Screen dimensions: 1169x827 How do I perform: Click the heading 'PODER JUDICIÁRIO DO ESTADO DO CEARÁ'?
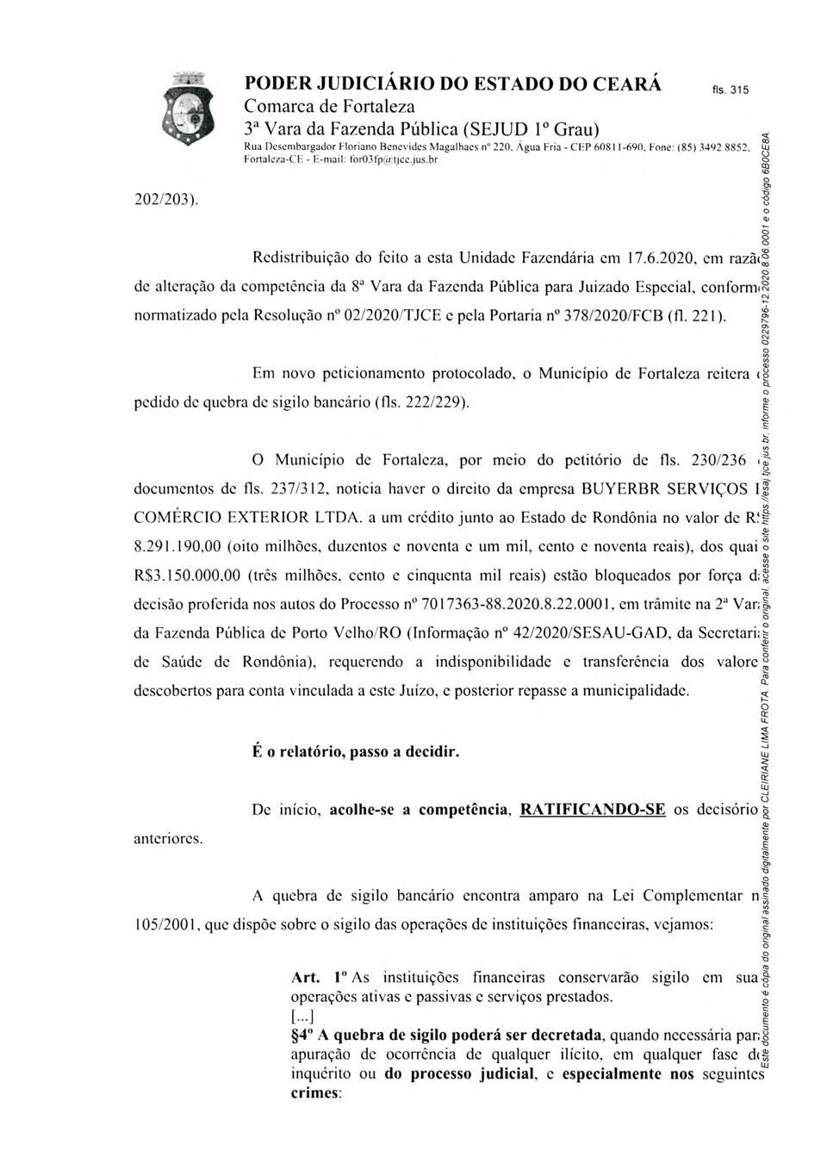(453, 84)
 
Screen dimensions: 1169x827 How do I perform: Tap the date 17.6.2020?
(630, 257)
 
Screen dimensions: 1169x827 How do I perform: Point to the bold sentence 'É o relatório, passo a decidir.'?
(356, 752)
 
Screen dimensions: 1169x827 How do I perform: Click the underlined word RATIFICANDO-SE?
(593, 810)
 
